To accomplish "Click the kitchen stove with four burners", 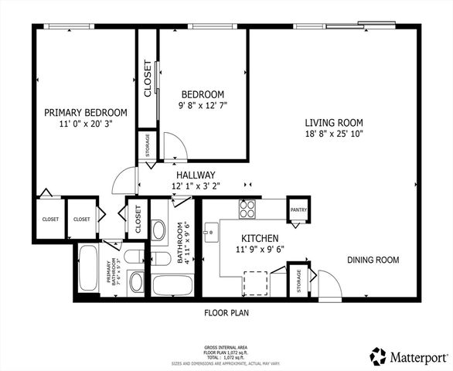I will [247, 208].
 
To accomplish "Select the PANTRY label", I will [298, 209].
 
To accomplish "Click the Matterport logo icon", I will [378, 356].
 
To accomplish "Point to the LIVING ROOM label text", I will [333, 122].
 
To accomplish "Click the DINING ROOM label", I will [373, 260].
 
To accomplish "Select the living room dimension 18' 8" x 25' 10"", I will [333, 134].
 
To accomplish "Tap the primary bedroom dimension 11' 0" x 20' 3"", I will [85, 124].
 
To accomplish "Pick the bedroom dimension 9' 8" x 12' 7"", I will [203, 105].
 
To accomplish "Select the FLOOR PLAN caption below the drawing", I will [226, 313].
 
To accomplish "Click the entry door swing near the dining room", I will [329, 284].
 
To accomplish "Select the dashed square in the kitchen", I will [256, 283].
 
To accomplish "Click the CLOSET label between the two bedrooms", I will [147, 80].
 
